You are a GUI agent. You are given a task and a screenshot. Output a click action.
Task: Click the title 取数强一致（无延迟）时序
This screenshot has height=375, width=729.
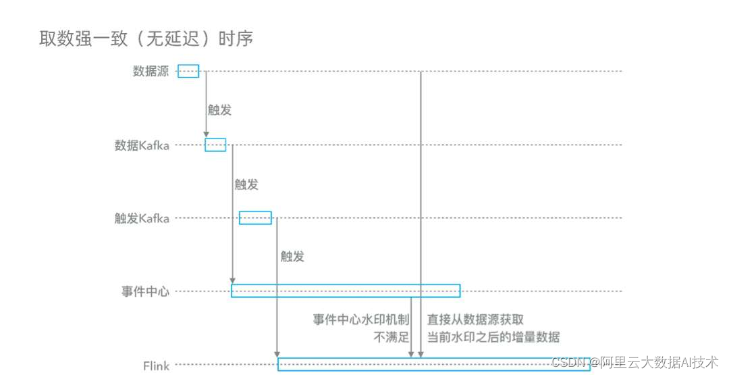146,39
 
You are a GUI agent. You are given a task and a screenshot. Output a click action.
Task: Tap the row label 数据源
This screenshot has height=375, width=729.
151,72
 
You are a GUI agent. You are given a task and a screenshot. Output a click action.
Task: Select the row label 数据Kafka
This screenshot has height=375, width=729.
142,145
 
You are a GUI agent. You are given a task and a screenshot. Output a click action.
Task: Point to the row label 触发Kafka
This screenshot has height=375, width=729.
142,218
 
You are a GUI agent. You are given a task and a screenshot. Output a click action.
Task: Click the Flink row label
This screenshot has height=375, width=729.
156,366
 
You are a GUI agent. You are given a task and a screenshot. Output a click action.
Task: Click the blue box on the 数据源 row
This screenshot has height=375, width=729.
188,72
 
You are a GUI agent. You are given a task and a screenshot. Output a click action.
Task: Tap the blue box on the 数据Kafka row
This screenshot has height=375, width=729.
215,145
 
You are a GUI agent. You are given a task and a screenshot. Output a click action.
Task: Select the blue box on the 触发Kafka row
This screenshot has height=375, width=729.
255,218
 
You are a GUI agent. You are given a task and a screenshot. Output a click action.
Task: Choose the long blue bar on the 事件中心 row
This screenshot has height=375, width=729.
346,291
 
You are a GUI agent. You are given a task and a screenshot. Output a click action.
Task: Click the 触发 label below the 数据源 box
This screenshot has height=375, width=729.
219,110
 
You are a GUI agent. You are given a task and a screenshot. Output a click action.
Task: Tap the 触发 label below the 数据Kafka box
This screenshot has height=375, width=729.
246,184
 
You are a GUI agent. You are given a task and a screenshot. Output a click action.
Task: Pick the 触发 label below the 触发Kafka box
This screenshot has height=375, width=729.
292,257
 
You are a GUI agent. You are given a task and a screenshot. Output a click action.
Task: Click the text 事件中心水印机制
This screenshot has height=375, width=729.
361,320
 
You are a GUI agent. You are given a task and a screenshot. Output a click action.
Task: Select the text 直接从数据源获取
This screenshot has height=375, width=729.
475,320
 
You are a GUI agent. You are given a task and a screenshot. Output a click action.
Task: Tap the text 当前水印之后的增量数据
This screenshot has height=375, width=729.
493,336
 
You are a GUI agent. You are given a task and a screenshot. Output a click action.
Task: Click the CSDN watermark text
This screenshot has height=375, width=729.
634,362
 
